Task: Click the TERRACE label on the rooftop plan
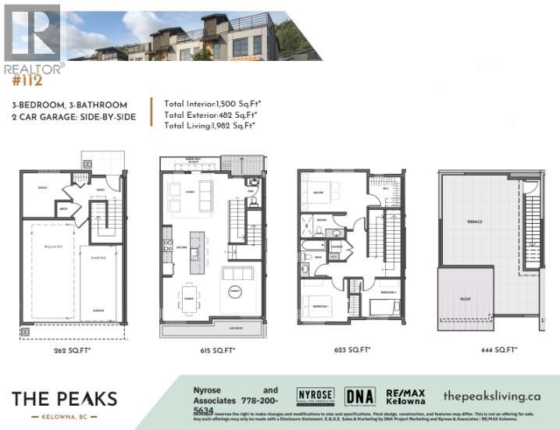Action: point(475,222)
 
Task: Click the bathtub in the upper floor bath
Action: point(310,253)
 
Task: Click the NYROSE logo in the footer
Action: point(315,396)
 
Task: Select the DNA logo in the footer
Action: point(359,396)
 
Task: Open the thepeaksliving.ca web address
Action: point(491,396)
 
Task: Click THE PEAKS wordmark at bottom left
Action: point(64,400)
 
